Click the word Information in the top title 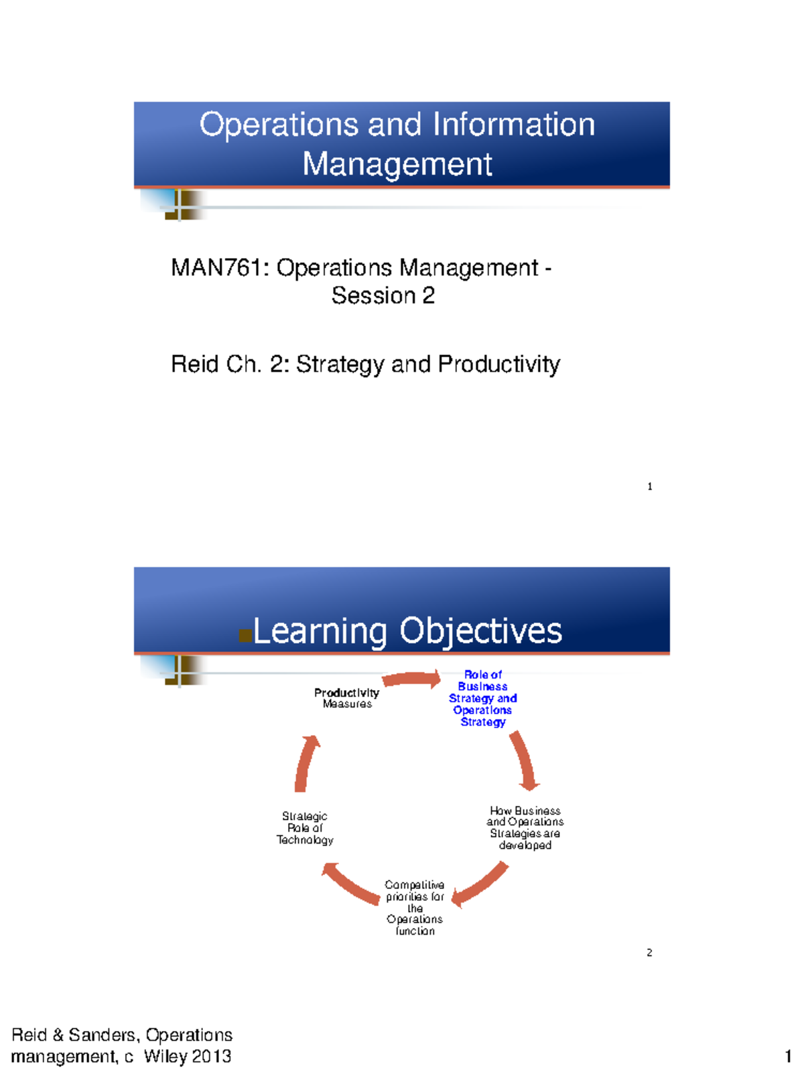tap(513, 125)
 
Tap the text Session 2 tap(383, 295)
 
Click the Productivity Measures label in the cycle tap(346, 698)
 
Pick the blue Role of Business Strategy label tap(482, 698)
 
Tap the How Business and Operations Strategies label tap(525, 828)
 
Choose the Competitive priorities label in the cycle tap(415, 908)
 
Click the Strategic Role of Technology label tap(305, 828)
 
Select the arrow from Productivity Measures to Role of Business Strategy tap(411, 679)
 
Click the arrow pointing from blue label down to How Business tap(525, 760)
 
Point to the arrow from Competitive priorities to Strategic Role tap(350, 883)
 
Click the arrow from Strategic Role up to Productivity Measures tap(306, 764)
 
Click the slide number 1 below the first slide tap(649, 486)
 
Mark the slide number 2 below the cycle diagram tap(649, 952)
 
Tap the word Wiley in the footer tap(165, 1057)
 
